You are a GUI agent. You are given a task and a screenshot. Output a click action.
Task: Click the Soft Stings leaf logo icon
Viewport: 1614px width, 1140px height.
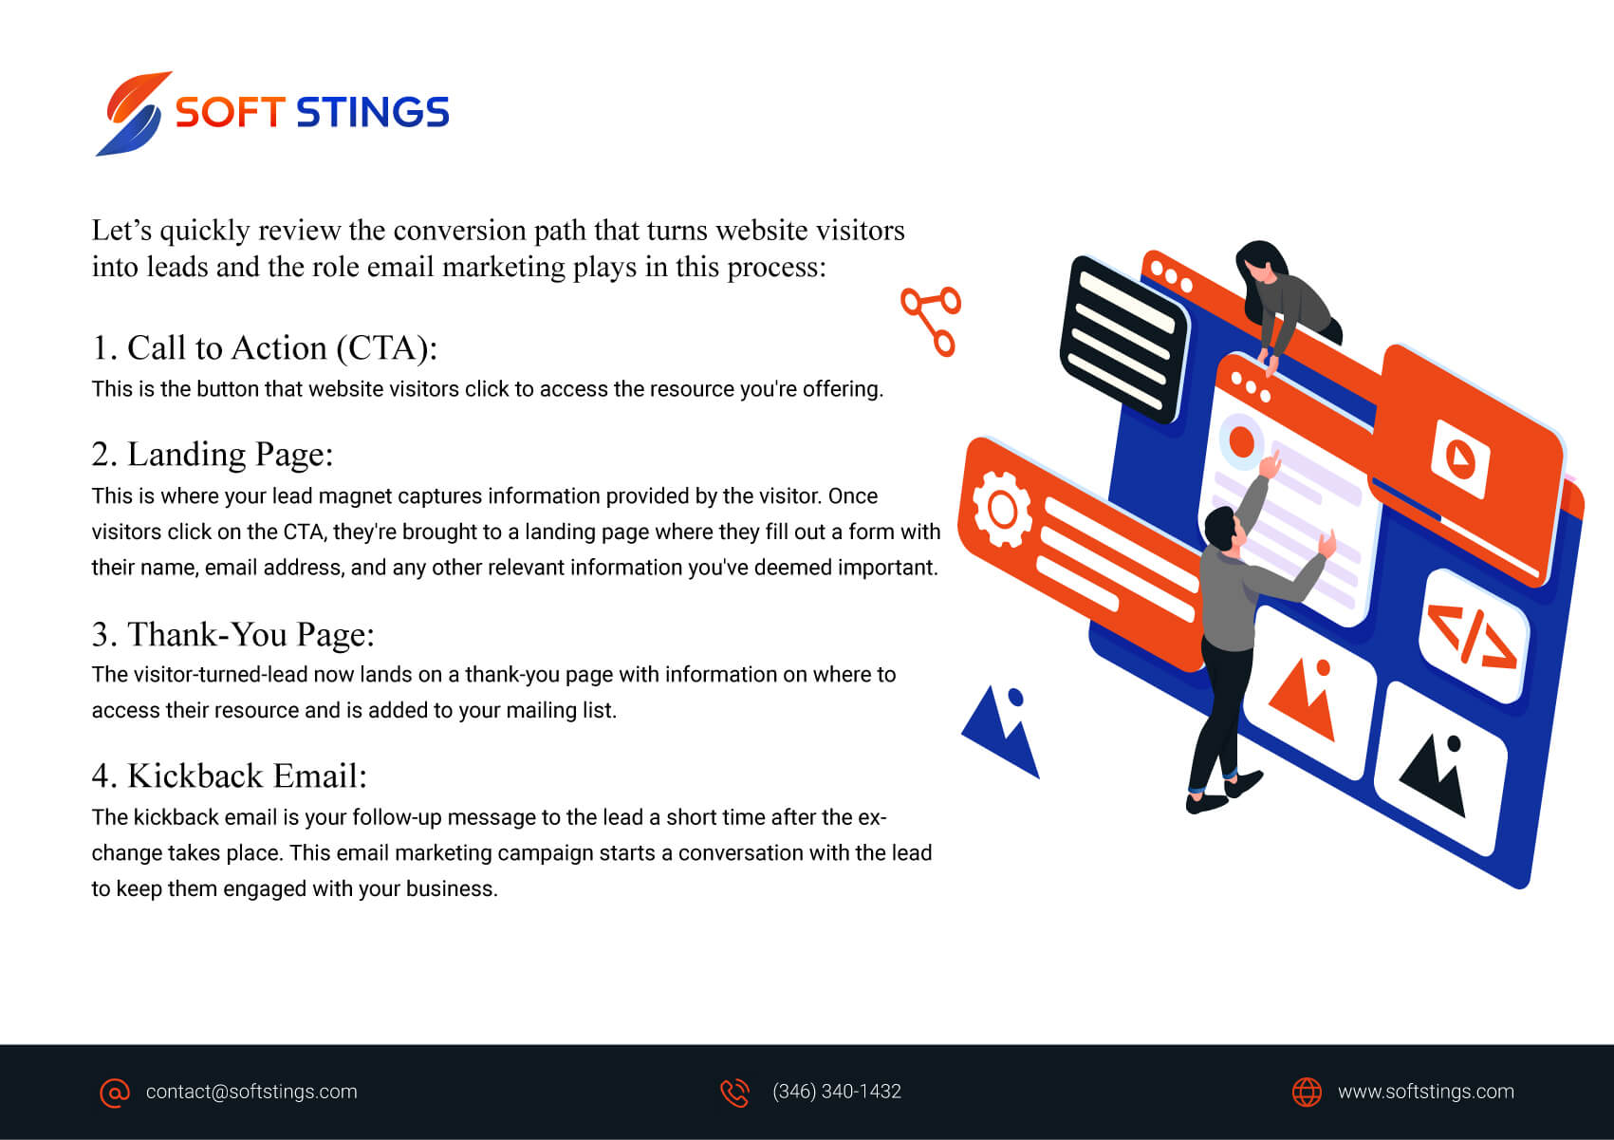coord(134,113)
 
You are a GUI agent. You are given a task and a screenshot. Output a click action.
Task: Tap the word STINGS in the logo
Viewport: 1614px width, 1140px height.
coord(373,112)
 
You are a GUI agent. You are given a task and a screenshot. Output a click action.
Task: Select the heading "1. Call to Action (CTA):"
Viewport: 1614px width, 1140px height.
coord(265,348)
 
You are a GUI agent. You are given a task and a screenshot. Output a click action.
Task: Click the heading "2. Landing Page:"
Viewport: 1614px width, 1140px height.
coord(213,455)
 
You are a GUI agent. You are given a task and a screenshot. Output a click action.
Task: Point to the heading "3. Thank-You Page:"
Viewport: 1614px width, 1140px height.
coord(233,634)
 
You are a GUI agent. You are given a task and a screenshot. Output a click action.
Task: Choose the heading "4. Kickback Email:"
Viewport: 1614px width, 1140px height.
coord(229,776)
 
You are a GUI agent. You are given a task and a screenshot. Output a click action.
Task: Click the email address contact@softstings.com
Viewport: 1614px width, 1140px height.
coord(251,1092)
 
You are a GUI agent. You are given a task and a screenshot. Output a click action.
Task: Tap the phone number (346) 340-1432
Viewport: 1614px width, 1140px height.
coord(837,1092)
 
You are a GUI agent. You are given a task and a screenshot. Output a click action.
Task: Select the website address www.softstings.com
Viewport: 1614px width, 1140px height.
coord(1426,1092)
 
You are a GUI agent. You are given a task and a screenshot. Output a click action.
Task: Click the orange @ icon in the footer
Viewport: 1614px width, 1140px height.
coord(115,1093)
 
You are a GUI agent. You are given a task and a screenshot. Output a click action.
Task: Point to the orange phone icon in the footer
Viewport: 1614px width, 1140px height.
coord(735,1093)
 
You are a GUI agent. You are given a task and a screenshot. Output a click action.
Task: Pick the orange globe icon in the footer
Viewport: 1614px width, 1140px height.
coord(1307,1093)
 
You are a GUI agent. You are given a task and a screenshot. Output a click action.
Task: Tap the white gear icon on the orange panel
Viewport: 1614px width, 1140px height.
coord(1002,510)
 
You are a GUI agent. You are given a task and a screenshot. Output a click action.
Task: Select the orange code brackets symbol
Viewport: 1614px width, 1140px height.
coord(1473,637)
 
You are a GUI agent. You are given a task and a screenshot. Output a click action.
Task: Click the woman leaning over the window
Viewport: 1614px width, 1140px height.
coord(1285,303)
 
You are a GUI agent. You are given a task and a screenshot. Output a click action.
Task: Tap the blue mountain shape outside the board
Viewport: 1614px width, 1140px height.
coord(1002,731)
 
